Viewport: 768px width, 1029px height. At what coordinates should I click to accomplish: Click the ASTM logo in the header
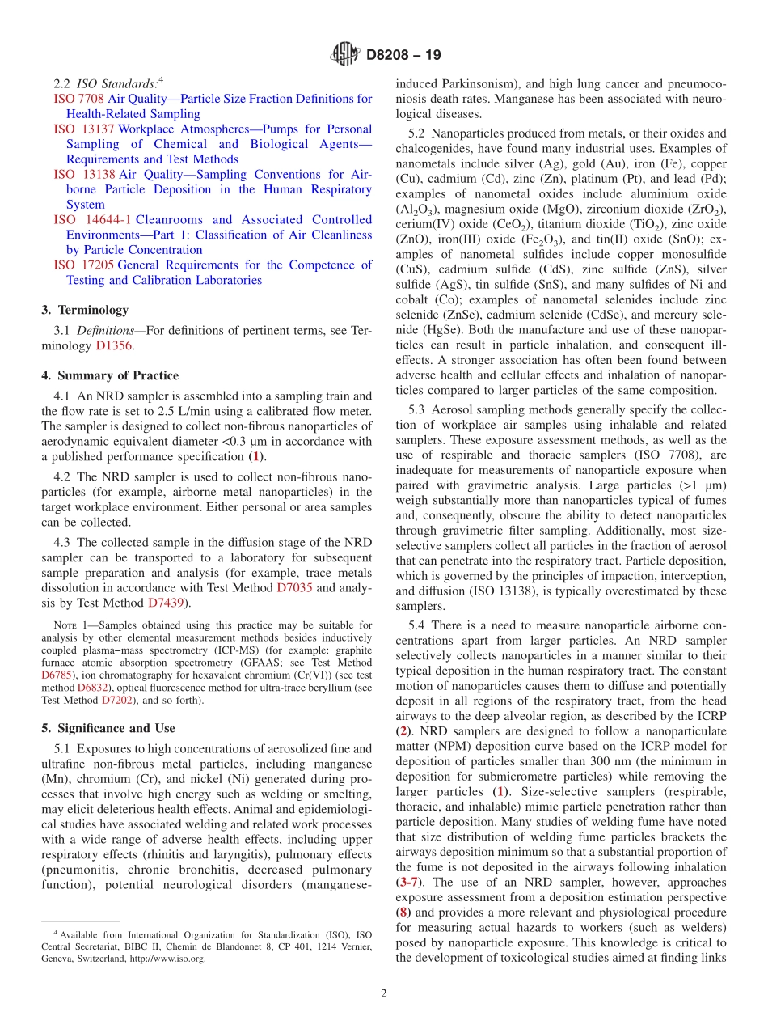(x=345, y=55)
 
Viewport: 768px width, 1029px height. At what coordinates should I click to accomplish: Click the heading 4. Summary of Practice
(x=110, y=375)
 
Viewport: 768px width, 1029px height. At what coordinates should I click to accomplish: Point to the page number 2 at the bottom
(x=384, y=993)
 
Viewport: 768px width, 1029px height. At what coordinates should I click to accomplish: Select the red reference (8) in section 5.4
(x=403, y=897)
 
